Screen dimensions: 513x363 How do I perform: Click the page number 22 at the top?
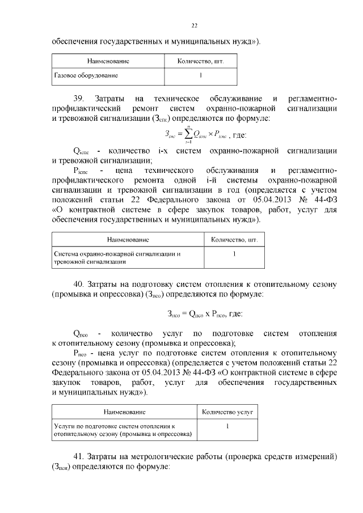[x=194, y=26]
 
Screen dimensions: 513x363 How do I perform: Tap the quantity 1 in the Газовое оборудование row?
[x=200, y=75]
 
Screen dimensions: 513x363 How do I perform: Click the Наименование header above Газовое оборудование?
[x=108, y=60]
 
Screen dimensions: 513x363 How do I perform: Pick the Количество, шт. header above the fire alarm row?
[x=234, y=240]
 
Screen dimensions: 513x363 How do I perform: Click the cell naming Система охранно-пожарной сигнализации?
[x=117, y=258]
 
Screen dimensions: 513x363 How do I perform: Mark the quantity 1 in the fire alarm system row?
[x=234, y=255]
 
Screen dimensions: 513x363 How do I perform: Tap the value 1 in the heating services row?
[x=227, y=426]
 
